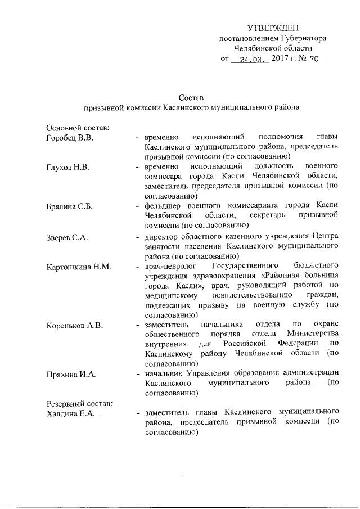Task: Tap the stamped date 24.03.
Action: [x=251, y=59]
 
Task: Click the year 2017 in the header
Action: [x=279, y=58]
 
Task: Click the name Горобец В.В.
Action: [x=69, y=138]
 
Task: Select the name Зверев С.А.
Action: [x=67, y=237]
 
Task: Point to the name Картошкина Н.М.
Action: [x=78, y=266]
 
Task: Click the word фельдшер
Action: [x=163, y=207]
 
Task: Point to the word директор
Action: [x=161, y=237]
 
